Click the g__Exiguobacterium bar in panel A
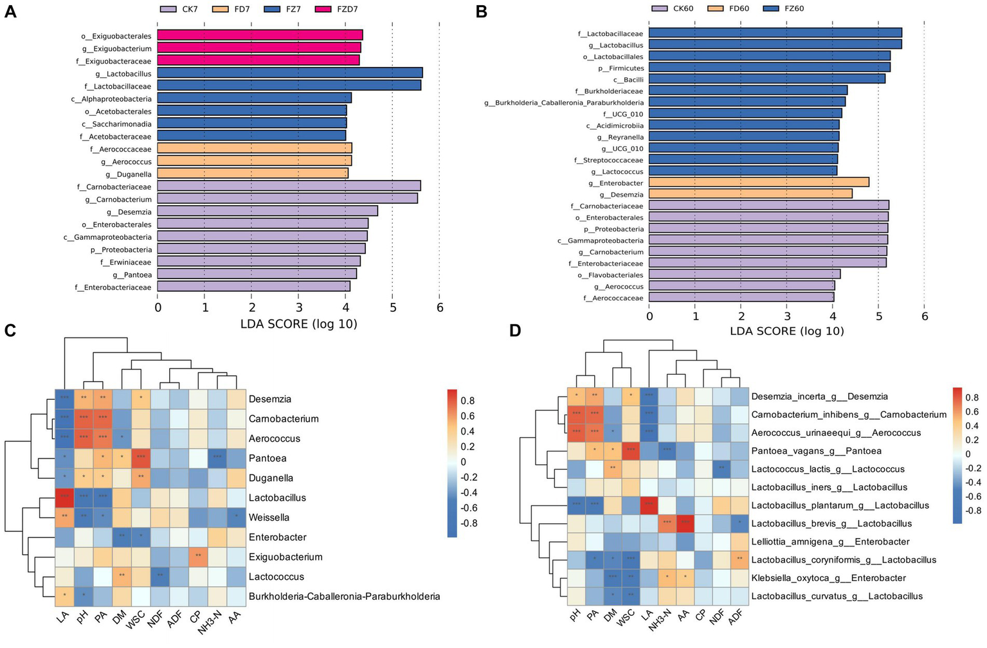(259, 48)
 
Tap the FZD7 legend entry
(347, 9)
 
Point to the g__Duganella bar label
(129, 174)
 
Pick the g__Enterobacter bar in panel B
(759, 183)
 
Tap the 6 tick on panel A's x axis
(440, 308)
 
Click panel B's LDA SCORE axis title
(786, 332)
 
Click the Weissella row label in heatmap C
(269, 517)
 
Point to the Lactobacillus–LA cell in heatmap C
(64, 498)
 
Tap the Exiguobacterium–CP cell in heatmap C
(198, 557)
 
